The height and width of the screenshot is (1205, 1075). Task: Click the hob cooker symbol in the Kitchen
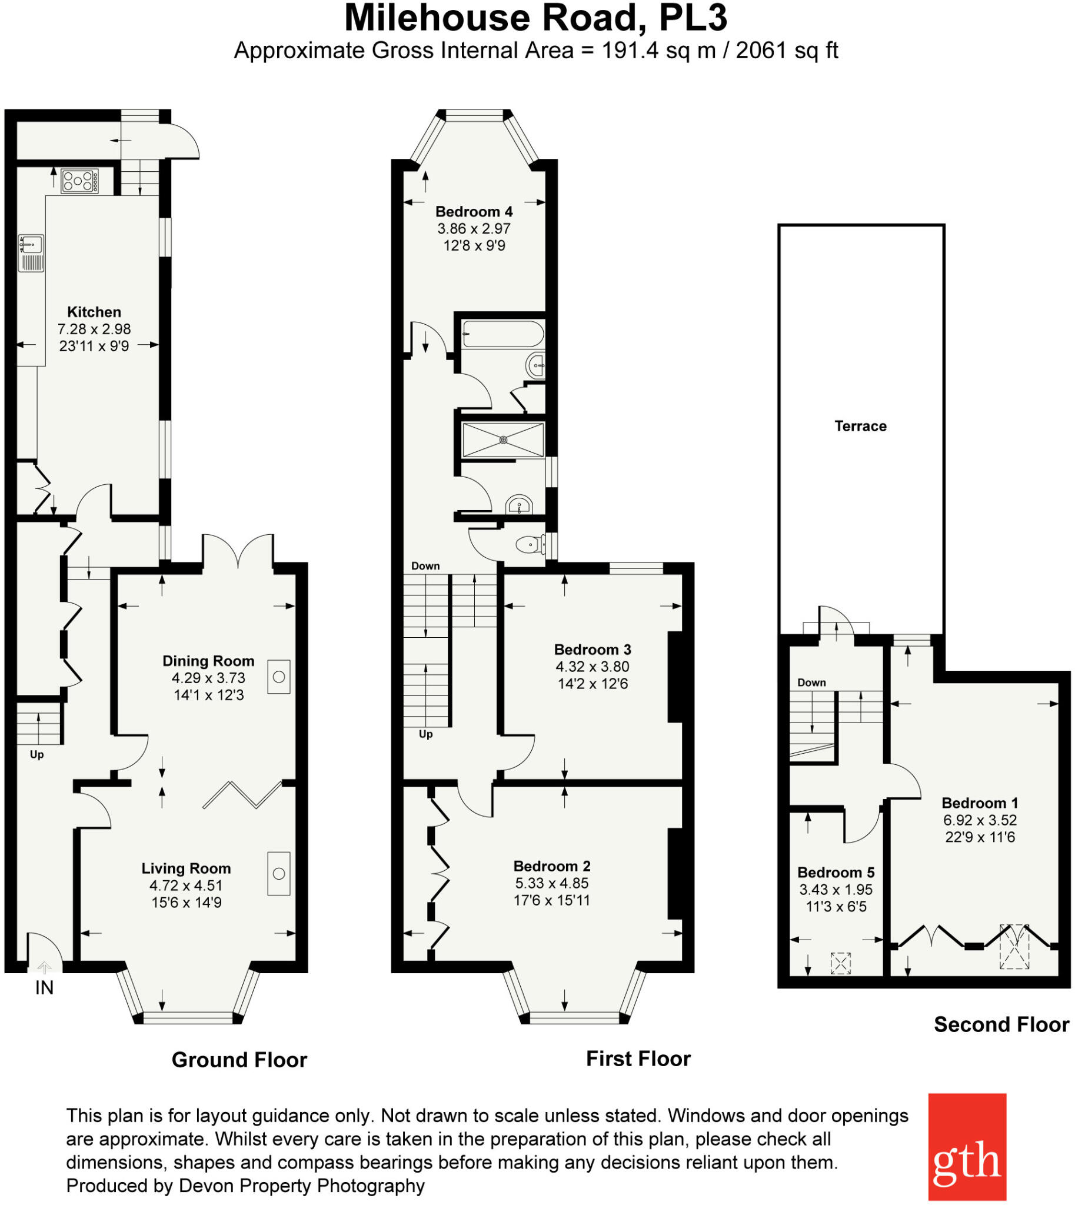[x=80, y=181]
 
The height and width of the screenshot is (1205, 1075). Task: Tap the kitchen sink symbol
[x=31, y=254]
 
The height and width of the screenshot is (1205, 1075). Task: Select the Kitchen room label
[x=94, y=312]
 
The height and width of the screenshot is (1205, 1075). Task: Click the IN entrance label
[x=44, y=988]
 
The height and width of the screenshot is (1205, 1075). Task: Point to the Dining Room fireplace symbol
[x=279, y=677]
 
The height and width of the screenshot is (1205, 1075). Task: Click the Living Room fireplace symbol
[x=279, y=874]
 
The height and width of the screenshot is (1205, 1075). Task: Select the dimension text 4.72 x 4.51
[x=185, y=886]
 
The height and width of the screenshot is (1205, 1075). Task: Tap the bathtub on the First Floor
[x=502, y=334]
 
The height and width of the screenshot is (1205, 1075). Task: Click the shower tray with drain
[x=502, y=440]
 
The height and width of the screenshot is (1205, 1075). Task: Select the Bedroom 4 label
[x=474, y=211]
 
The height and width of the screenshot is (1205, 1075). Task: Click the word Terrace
[x=860, y=426]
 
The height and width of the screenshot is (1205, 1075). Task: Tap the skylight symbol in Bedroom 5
[x=840, y=963]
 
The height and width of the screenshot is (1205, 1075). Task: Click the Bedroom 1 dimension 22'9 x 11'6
[x=980, y=837]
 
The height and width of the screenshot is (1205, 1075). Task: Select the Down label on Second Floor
[x=811, y=683]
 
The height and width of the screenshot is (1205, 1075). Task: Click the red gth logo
[x=967, y=1147]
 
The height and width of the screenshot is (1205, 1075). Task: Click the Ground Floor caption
[x=239, y=1060]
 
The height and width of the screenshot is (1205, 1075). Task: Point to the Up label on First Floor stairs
[x=425, y=734]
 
